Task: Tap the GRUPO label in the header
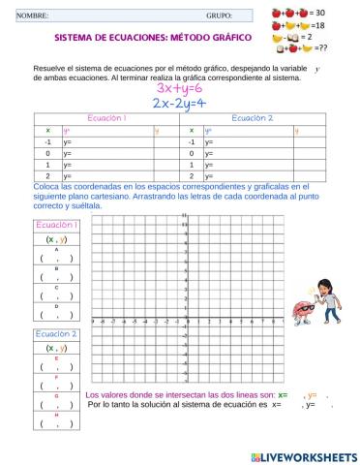click(x=219, y=15)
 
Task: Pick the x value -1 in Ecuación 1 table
click(x=47, y=141)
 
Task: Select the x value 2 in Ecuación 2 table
click(x=192, y=177)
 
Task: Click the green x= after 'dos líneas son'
click(x=282, y=395)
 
